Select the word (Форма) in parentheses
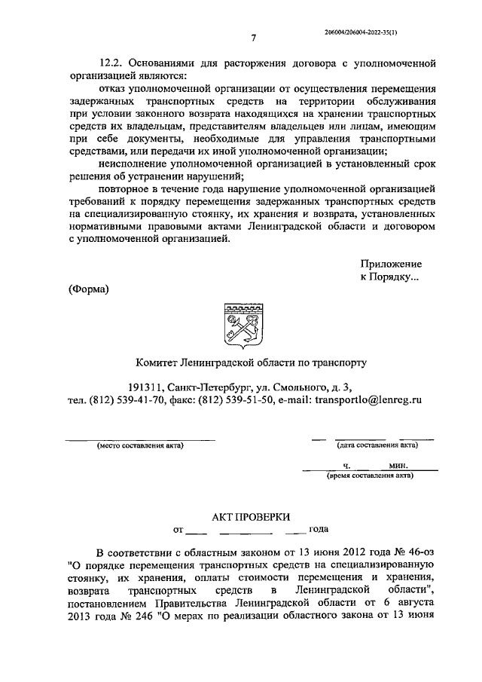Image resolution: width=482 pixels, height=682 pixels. [89, 291]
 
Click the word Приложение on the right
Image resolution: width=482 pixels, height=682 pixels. [391, 265]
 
